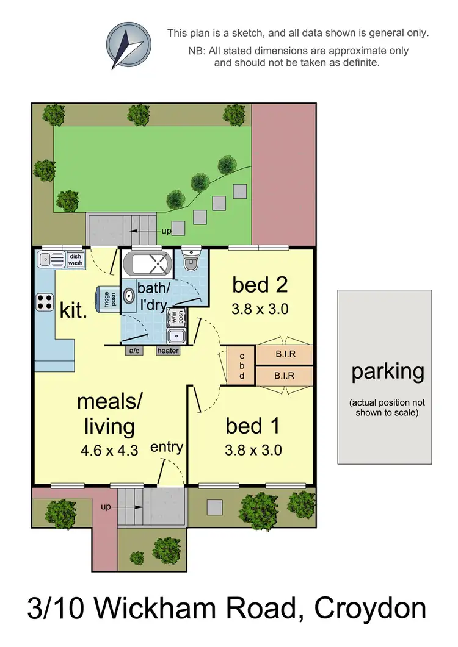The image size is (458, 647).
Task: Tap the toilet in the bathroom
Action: [190, 261]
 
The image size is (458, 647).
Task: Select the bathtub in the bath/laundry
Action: [147, 265]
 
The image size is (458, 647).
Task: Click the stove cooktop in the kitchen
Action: [45, 301]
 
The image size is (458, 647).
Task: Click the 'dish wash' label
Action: [75, 260]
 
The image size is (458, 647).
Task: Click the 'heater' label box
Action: [168, 351]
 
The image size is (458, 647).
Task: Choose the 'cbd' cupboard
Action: [241, 366]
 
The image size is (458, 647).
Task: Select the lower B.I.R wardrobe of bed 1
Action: [285, 376]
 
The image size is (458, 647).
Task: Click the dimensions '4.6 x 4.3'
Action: [109, 451]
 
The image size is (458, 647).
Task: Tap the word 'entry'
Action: [167, 447]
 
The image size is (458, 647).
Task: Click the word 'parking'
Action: [387, 372]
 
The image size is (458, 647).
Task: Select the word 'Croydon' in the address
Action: [370, 609]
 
